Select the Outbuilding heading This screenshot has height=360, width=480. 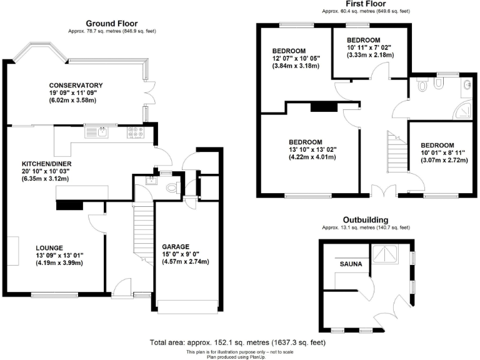(x=366, y=220)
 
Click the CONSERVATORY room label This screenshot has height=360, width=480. (x=77, y=86)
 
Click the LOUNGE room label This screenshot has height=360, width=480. (x=50, y=247)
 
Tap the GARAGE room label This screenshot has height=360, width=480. (x=176, y=246)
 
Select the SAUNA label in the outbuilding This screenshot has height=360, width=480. (x=351, y=264)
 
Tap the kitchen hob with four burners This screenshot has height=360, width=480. (x=135, y=132)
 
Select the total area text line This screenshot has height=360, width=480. (x=237, y=342)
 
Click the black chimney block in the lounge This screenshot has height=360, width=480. (x=69, y=204)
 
